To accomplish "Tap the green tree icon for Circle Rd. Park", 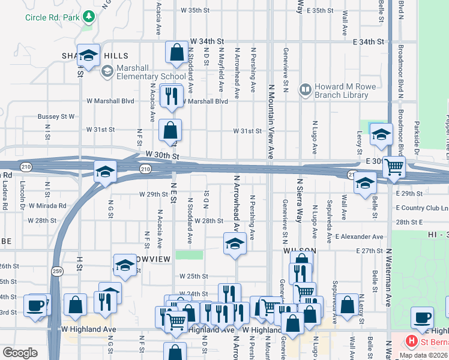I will (x=88, y=15).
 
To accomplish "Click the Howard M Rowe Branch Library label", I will (x=345, y=91).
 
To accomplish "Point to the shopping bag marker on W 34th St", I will (x=177, y=53).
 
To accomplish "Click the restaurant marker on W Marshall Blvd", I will (x=172, y=97).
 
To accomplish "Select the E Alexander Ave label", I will (x=360, y=237).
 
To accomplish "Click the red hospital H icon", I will (x=412, y=342).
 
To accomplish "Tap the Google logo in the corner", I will (x=20, y=353).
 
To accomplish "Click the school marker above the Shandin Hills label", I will (x=89, y=57).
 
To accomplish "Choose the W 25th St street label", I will (x=193, y=277).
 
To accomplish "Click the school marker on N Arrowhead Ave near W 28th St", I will (x=234, y=244).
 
